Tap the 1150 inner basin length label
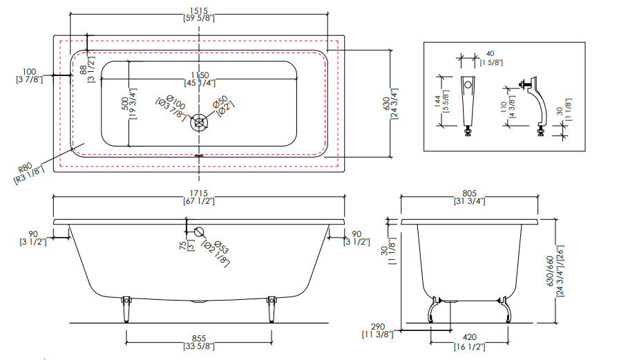click(x=200, y=75)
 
